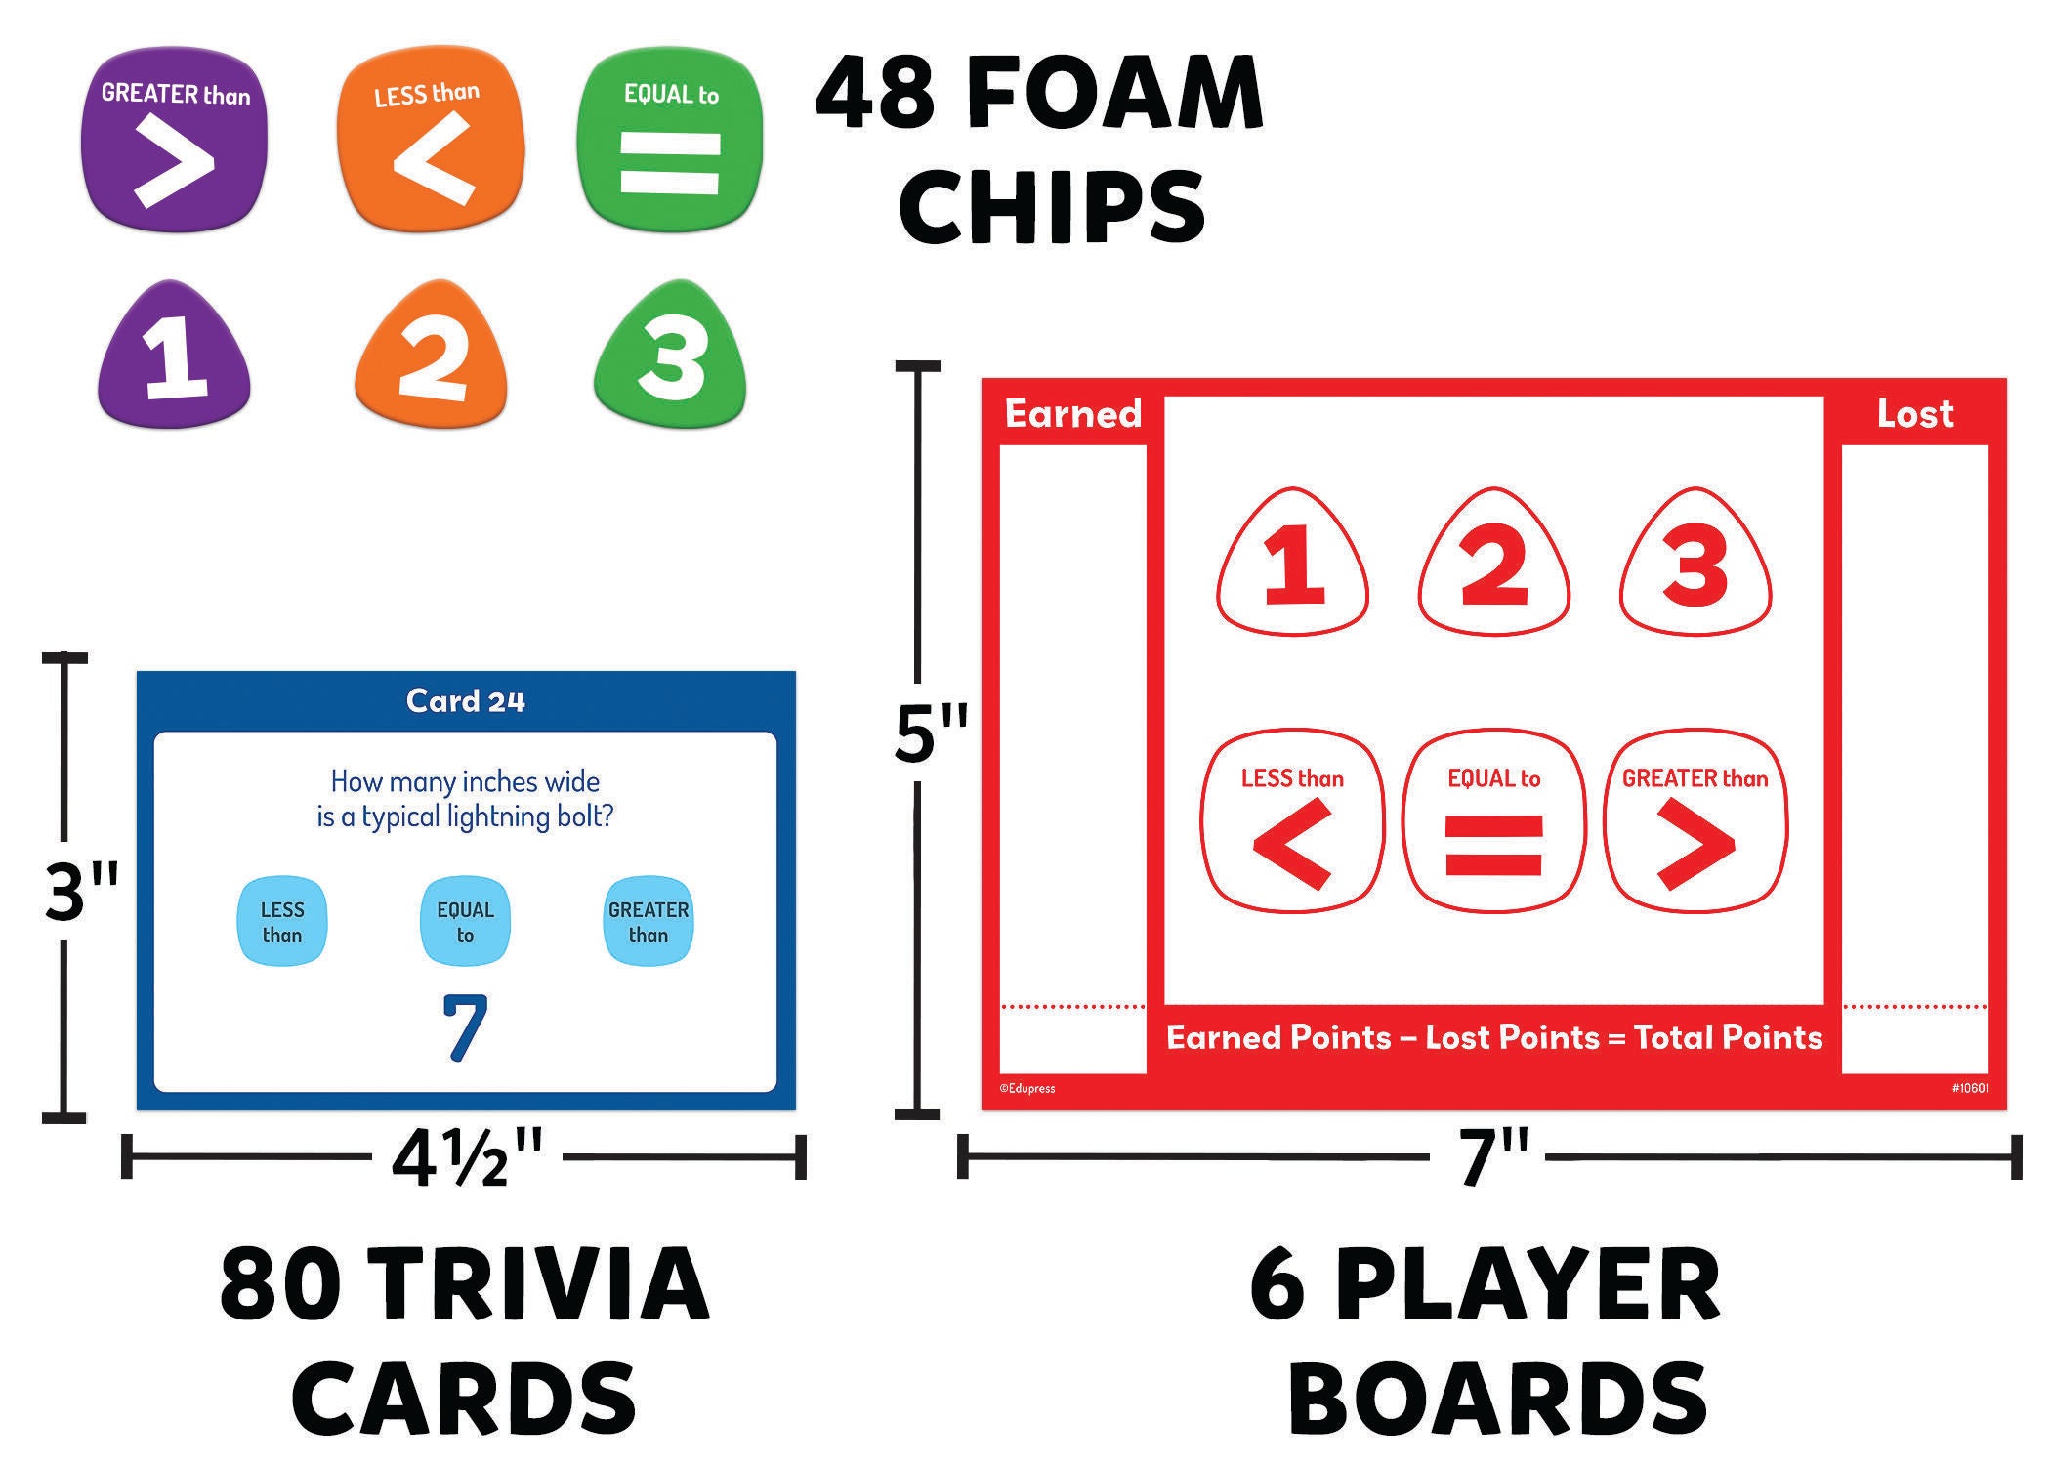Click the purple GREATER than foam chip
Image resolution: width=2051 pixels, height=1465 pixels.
coord(174,139)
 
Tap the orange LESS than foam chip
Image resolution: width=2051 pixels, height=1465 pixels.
coord(430,141)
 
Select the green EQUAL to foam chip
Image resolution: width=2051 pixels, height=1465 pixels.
coord(670,139)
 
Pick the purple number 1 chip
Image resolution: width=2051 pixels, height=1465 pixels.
coord(175,357)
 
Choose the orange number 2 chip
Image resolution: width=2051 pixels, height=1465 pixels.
coord(431,357)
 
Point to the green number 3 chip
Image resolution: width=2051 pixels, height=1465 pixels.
coord(670,357)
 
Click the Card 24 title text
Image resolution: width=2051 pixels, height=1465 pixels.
coord(466,701)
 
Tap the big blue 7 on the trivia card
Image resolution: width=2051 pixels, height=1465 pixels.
coord(465,1027)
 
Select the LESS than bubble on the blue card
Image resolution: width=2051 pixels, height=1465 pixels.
coord(282,922)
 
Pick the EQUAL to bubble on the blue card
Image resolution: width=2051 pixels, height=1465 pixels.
coord(465,922)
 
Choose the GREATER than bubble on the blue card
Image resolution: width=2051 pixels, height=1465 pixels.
coord(649,922)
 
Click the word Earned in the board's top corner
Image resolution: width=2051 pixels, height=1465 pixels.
coord(1073,414)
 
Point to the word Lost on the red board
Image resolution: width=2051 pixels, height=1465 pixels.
coord(1915,414)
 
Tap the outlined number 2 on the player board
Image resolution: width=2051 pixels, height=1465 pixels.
coord(1494,564)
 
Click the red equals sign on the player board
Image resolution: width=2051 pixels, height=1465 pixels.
coord(1494,844)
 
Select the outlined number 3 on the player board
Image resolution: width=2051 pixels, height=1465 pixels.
coord(1695,564)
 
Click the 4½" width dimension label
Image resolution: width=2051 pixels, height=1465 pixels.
coord(466,1159)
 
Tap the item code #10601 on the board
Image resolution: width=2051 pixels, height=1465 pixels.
coord(1971,1088)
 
